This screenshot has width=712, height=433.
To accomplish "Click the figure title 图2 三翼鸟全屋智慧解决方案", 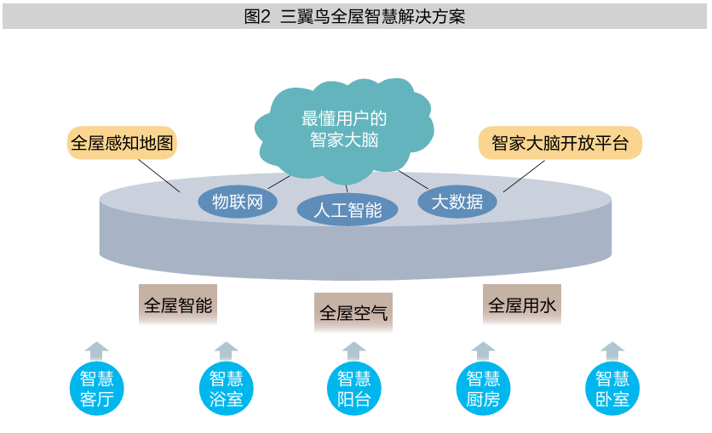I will [355, 16].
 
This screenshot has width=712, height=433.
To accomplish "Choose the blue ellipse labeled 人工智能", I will [347, 209].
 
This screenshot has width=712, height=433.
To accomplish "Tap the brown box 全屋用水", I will [523, 305].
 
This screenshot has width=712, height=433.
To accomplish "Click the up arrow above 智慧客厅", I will [97, 350].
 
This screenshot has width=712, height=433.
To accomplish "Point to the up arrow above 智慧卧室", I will [612, 350].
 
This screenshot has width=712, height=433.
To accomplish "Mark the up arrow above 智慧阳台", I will [353, 350].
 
